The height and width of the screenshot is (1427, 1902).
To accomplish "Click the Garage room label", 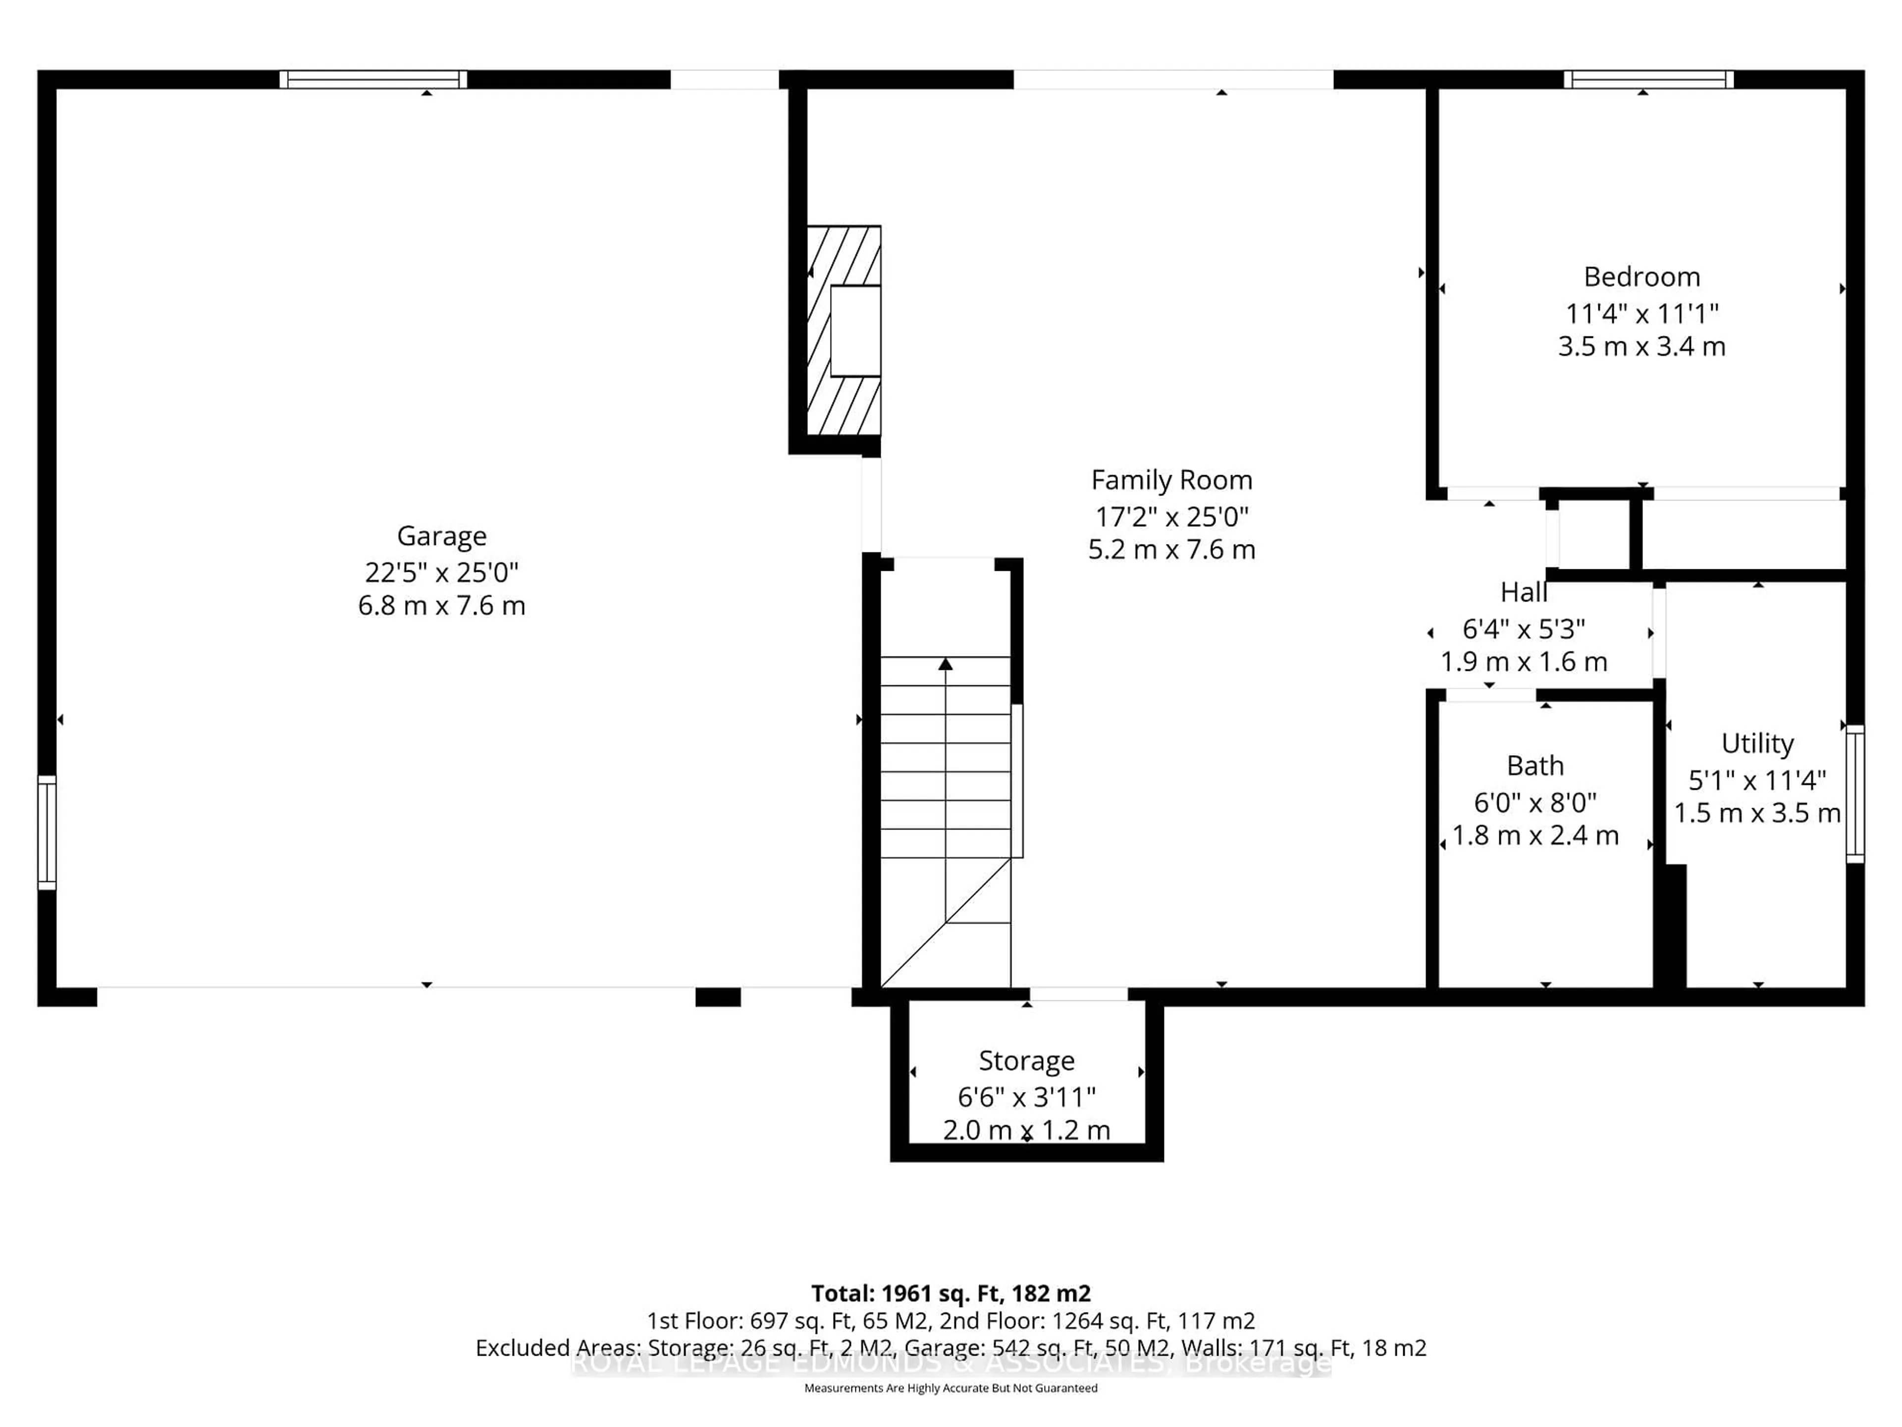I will click(441, 536).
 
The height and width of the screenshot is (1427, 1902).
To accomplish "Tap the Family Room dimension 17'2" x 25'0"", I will click(1171, 516).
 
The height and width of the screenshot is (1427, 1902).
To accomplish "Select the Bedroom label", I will click(1641, 277).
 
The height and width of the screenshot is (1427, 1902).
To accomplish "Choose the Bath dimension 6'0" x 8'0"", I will click(1535, 803).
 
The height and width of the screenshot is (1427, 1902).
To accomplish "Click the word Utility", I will click(1757, 743).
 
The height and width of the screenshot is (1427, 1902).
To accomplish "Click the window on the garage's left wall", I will click(47, 832).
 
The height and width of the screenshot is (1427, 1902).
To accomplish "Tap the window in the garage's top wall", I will click(373, 79).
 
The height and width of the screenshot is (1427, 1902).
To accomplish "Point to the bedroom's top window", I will click(1647, 79).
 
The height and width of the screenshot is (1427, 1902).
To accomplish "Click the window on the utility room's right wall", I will click(1855, 793).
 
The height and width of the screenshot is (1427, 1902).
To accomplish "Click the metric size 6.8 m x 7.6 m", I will click(441, 605).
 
